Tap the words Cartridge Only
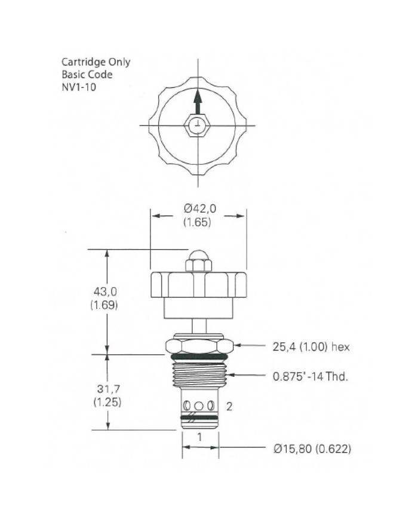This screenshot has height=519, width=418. [96, 62]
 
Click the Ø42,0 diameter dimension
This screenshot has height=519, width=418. [199, 208]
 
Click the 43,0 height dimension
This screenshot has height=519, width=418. [105, 291]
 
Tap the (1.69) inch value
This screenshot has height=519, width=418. [105, 305]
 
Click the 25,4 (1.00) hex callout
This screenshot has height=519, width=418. [311, 346]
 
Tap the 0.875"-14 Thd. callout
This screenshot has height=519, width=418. [311, 376]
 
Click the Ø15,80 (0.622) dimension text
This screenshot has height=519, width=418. [312, 449]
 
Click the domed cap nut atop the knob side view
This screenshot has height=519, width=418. [198, 260]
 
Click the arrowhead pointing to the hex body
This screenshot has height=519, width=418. [238, 346]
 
